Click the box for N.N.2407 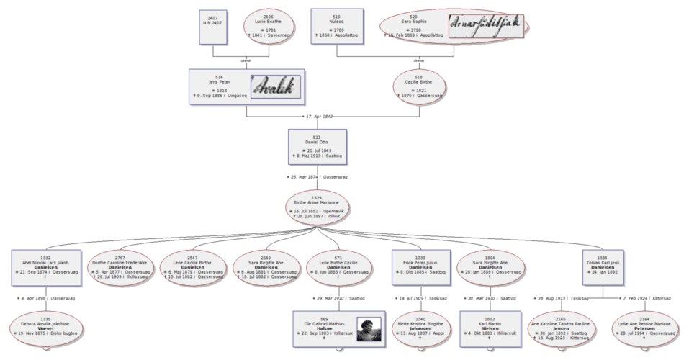coord(212,27)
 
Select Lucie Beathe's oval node coord(268,27)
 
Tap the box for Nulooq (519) coord(336,27)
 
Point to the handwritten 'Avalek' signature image coord(276,86)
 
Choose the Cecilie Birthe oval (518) coord(419,87)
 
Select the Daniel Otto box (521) coord(318,147)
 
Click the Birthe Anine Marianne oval coord(318,207)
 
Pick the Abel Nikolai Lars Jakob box coord(45,266)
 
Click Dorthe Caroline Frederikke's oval coord(120,266)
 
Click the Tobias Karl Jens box coord(603,266)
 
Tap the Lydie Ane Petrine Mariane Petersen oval coord(644,326)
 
